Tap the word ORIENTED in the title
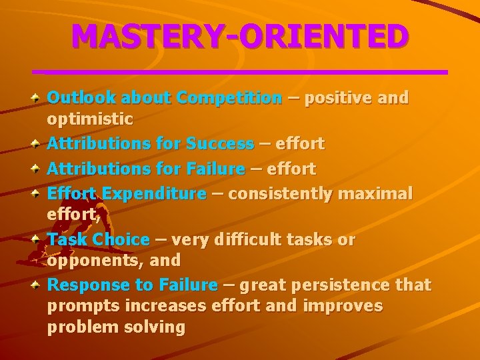pos(324,36)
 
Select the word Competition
pos(229,98)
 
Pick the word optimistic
pos(90,120)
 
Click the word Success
pos(220,143)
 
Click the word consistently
pos(280,194)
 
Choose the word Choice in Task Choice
pos(121,239)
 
